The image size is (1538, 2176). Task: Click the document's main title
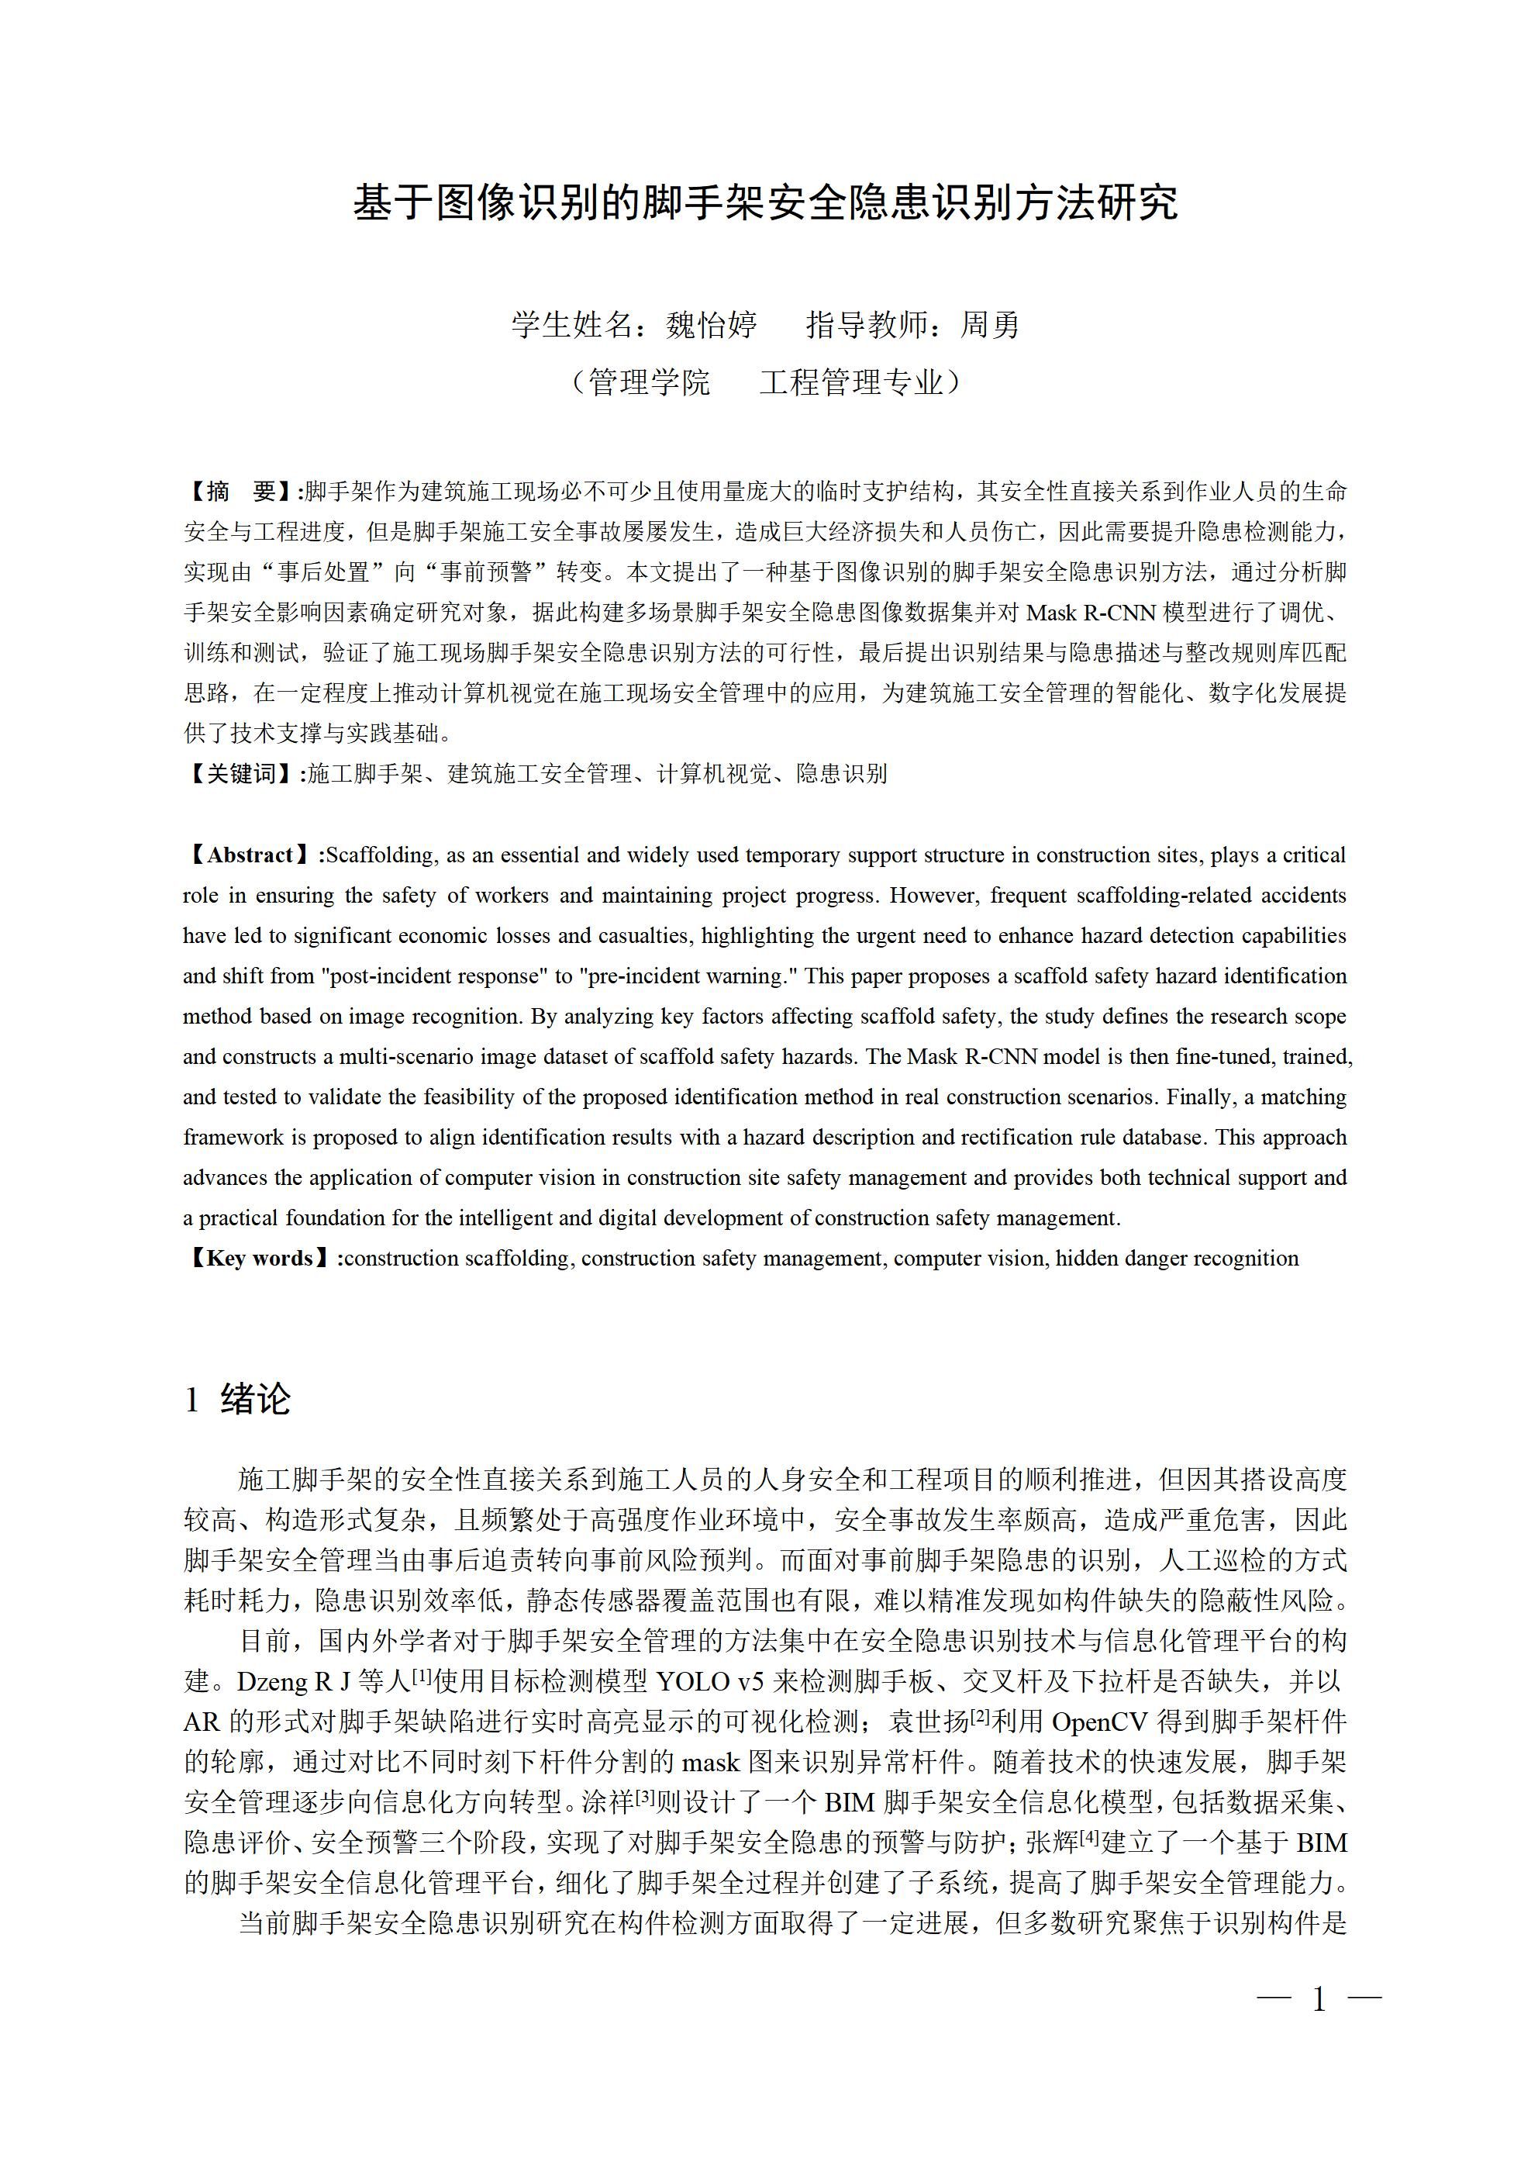[766, 202]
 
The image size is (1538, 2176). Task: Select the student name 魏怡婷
[711, 325]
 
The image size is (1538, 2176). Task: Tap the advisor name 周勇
[990, 325]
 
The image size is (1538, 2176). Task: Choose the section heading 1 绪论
[237, 1399]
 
